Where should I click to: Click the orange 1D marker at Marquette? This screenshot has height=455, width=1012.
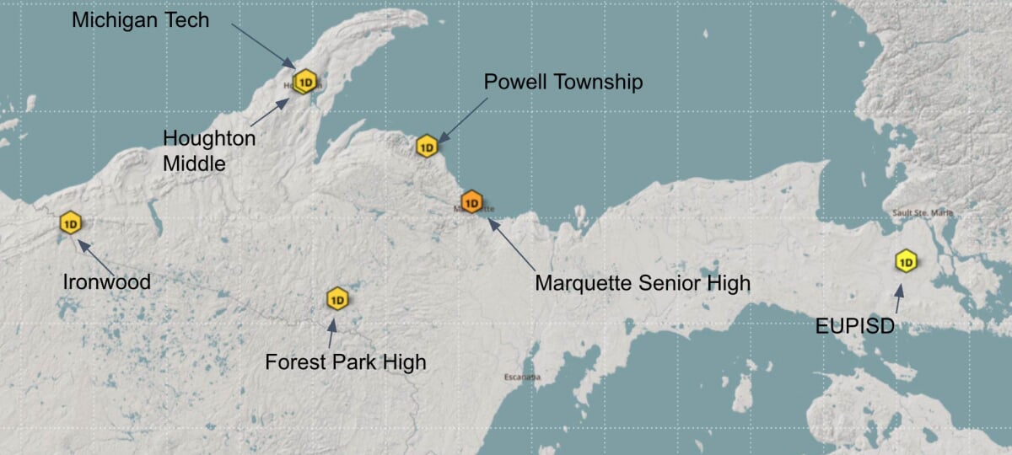click(x=471, y=202)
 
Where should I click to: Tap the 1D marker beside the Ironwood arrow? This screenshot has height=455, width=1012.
click(x=70, y=223)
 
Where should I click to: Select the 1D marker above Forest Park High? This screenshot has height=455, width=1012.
click(x=337, y=299)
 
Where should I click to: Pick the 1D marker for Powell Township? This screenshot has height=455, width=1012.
click(x=427, y=147)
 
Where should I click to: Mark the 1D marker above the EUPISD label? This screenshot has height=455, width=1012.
click(x=906, y=261)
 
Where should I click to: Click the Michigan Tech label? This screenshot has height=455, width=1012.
click(x=140, y=20)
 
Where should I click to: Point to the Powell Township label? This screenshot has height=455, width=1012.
click(x=563, y=82)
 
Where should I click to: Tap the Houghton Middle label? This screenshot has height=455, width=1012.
click(x=208, y=151)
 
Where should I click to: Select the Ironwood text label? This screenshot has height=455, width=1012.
click(x=107, y=281)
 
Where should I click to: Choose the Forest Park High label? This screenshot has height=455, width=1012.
click(x=346, y=362)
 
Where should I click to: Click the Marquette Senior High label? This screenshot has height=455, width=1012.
click(x=643, y=283)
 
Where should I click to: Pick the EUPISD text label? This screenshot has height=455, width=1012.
click(x=854, y=326)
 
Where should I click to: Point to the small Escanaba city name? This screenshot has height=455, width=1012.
click(x=522, y=376)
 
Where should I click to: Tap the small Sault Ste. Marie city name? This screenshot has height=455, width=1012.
click(x=923, y=213)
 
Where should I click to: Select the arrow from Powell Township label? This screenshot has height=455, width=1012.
click(x=462, y=119)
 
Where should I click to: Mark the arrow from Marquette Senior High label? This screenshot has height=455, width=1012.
click(x=511, y=245)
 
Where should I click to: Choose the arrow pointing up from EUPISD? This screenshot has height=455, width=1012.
click(x=899, y=299)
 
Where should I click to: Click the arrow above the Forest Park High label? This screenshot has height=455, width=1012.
click(x=331, y=334)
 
